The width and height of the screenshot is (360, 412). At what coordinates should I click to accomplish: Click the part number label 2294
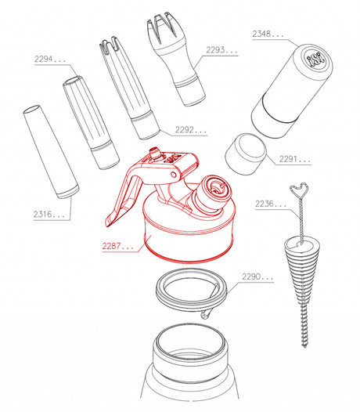49,59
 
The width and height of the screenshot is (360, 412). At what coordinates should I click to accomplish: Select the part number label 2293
221,50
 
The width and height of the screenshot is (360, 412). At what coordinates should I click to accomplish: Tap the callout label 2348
268,34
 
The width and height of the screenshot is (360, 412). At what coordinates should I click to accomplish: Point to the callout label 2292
191,130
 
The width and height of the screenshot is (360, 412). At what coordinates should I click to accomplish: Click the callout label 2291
294,159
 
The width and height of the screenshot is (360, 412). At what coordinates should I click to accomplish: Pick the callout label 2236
271,204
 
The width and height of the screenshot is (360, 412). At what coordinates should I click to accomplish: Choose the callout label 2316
49,214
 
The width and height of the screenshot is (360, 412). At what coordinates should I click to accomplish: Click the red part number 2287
117,246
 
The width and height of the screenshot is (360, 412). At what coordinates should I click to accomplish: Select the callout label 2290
257,276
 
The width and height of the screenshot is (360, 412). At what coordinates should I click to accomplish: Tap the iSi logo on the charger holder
315,59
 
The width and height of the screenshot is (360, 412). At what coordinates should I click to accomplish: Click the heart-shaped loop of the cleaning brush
299,190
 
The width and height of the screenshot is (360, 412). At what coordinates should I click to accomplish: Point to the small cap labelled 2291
246,154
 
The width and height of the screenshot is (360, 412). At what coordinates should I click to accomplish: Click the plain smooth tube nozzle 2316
51,152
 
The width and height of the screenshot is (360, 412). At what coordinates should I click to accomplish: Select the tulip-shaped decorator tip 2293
175,58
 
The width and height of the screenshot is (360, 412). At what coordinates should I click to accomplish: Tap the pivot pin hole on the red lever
173,175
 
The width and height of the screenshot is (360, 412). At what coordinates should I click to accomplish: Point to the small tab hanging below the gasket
205,314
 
